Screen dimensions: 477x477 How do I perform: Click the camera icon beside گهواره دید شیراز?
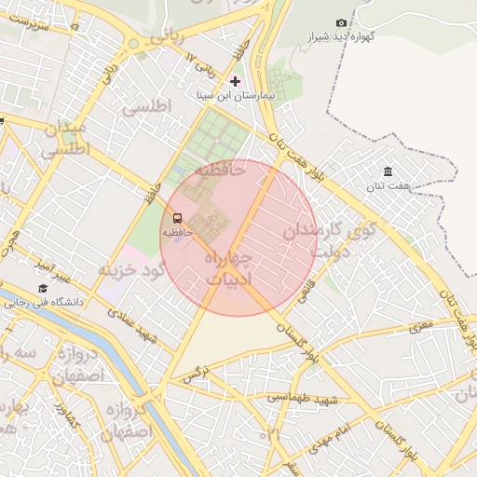tap(341, 22)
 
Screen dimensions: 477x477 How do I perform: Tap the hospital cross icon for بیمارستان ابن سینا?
tap(235, 81)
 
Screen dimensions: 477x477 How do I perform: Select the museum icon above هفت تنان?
tap(388, 171)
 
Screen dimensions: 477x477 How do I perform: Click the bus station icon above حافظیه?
tap(178, 217)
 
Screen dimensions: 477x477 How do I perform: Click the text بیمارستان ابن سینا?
tap(238, 96)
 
